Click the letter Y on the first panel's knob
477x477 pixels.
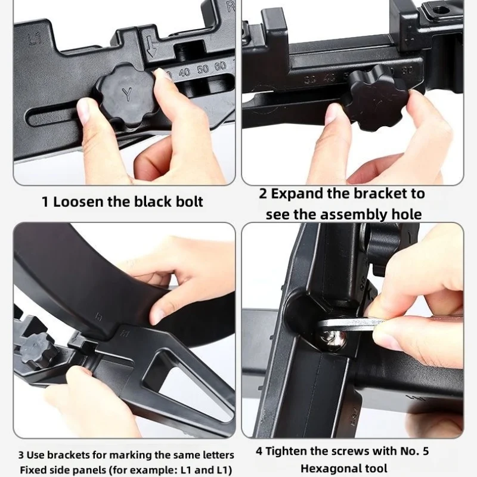128,94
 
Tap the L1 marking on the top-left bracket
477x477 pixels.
35,39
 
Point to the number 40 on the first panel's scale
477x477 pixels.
185,72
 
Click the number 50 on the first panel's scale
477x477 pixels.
203,69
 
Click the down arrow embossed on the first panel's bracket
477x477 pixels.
150,47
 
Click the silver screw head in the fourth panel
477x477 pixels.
334,339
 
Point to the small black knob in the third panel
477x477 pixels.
39,350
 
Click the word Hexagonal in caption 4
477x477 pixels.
344,468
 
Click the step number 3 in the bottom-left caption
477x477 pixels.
21,456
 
